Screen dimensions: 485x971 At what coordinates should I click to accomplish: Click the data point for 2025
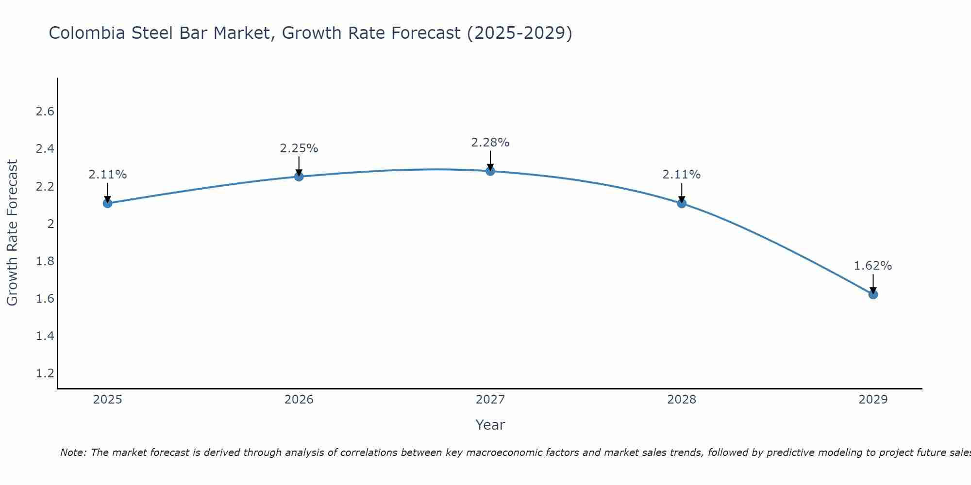pyautogui.click(x=108, y=203)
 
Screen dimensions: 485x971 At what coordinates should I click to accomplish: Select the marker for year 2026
pyautogui.click(x=299, y=177)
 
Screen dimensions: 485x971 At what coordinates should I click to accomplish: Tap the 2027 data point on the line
pyautogui.click(x=490, y=171)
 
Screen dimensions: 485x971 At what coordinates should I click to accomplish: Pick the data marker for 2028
pyautogui.click(x=682, y=203)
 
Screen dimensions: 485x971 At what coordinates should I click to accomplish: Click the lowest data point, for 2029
pyautogui.click(x=873, y=294)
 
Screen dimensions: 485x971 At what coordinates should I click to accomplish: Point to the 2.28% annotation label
pyautogui.click(x=490, y=143)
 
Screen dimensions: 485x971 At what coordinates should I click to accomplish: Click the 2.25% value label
pyautogui.click(x=299, y=148)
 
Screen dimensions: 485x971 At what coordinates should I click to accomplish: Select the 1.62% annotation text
pyautogui.click(x=873, y=266)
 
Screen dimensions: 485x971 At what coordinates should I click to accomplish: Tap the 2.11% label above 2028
pyautogui.click(x=682, y=175)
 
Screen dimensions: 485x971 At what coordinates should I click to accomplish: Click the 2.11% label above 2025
pyautogui.click(x=108, y=175)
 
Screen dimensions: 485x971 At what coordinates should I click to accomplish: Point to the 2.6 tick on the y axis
pyautogui.click(x=45, y=112)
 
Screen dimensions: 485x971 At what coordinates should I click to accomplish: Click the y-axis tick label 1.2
pyautogui.click(x=45, y=373)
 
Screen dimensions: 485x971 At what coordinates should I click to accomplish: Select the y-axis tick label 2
pyautogui.click(x=50, y=224)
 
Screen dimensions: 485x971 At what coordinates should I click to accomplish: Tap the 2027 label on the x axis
pyautogui.click(x=490, y=400)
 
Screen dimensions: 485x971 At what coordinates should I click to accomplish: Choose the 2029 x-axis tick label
pyautogui.click(x=873, y=400)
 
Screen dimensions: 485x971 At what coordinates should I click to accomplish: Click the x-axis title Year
pyautogui.click(x=490, y=425)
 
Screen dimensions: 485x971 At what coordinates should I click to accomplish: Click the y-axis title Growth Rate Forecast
pyautogui.click(x=12, y=233)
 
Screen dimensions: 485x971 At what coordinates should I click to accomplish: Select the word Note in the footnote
pyautogui.click(x=72, y=453)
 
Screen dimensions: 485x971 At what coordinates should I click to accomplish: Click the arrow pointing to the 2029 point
pyautogui.click(x=873, y=284)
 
